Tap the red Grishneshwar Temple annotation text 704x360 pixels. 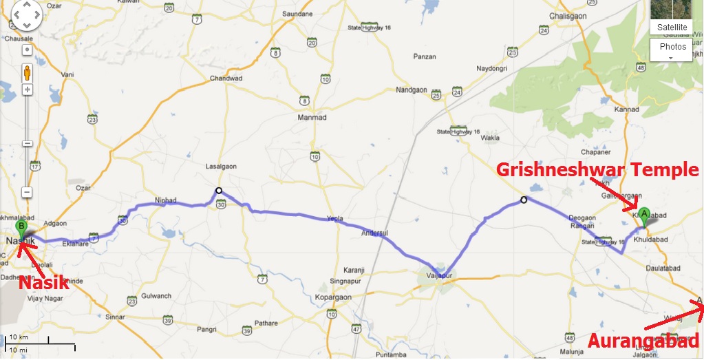pos(597,169)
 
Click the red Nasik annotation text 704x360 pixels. pos(45,282)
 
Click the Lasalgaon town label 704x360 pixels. pos(221,167)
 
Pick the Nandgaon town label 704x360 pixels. pos(412,90)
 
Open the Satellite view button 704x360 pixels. pos(671,27)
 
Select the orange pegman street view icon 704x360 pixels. pos(28,72)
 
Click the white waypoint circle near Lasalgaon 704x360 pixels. pos(218,191)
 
